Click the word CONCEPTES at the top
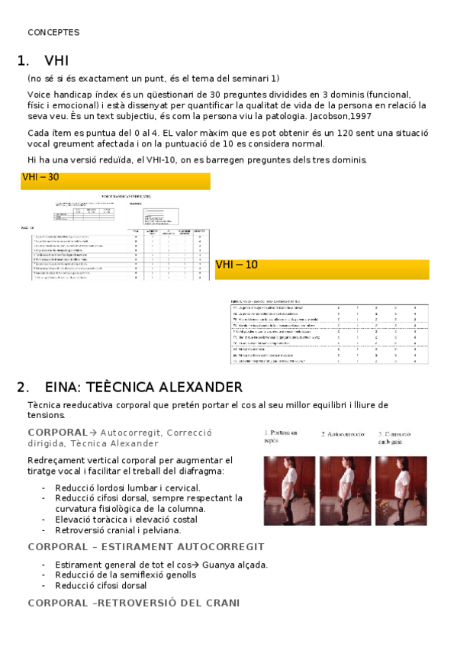pyautogui.click(x=53, y=32)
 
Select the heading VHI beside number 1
pyautogui.click(x=57, y=61)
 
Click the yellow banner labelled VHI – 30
pyautogui.click(x=115, y=181)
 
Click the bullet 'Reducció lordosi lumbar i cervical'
pyautogui.click(x=128, y=488)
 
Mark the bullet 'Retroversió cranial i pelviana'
pyautogui.click(x=118, y=530)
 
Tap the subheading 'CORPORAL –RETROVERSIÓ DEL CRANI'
pyautogui.click(x=134, y=603)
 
